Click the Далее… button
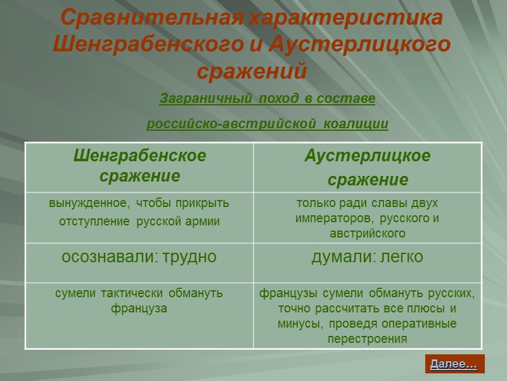pyautogui.click(x=454, y=364)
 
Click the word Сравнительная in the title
pyautogui.click(x=151, y=18)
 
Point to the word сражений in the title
pyautogui.click(x=252, y=71)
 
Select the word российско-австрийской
pyautogui.click(x=231, y=124)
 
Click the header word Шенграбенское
pyautogui.click(x=139, y=156)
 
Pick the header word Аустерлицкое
pyautogui.click(x=368, y=156)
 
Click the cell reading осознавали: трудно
pyautogui.click(x=139, y=257)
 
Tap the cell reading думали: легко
pyautogui.click(x=368, y=257)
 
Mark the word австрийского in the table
pyautogui.click(x=368, y=234)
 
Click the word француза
pyautogui.click(x=139, y=309)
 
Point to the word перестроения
pyautogui.click(x=368, y=339)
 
